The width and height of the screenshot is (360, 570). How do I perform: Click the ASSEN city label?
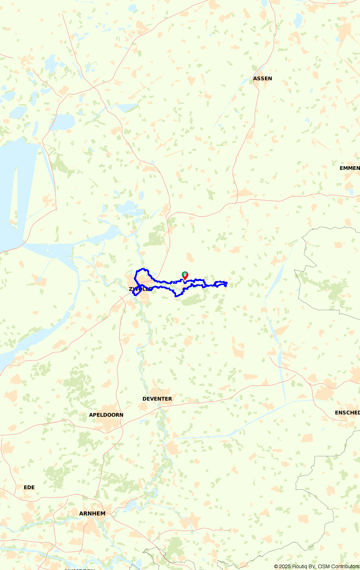pos(262,78)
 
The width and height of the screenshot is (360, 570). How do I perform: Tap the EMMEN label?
pos(350,168)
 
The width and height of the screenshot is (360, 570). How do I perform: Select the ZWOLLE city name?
pos(140,289)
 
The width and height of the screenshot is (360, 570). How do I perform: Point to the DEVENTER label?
pos(157,399)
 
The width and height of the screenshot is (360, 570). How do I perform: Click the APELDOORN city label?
pos(106,415)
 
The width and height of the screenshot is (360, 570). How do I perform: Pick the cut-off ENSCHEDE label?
pos(347,413)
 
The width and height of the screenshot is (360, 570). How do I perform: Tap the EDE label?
pos(29,487)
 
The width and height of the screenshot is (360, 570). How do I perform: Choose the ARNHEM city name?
pos(93,514)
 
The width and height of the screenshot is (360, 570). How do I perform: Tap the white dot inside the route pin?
pos(185,275)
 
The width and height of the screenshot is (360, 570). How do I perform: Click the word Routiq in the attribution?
pos(300,566)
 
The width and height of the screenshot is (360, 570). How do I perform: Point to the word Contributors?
pos(345,566)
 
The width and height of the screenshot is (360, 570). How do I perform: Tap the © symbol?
pos(276,566)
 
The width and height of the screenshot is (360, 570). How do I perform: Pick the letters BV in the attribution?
pos(312,566)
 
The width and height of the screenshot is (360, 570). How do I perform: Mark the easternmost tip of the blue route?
pos(227,282)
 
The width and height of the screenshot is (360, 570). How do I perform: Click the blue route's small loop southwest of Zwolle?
pos(136,293)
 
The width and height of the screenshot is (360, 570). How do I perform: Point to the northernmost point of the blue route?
pos(144,268)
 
